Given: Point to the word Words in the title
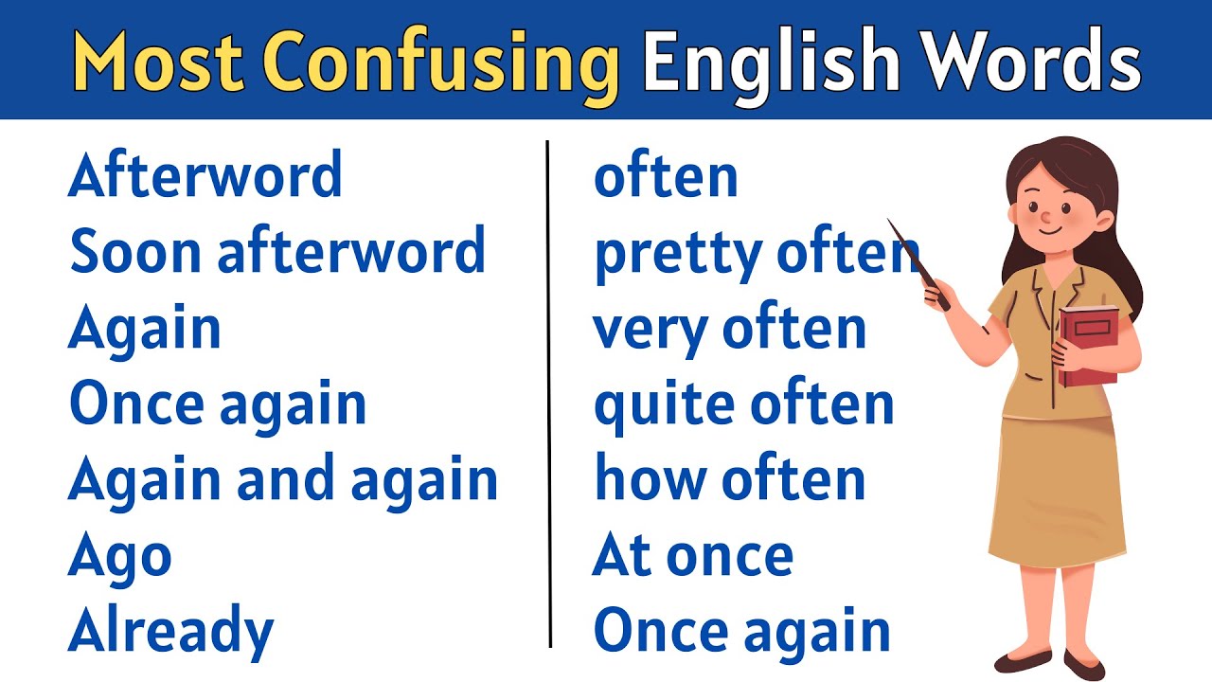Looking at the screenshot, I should pos(1031,61).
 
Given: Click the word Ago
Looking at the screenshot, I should pos(119,557).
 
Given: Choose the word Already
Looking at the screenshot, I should pos(170,633).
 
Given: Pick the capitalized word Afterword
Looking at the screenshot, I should pos(205,176).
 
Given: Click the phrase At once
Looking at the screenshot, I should pos(692,556).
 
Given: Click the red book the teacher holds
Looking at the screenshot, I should pos(1089,346).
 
